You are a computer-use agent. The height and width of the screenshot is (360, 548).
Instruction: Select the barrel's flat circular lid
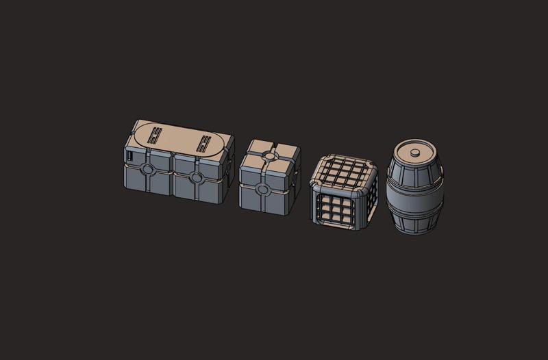415,151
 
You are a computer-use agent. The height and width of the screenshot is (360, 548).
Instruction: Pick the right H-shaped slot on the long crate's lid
204,142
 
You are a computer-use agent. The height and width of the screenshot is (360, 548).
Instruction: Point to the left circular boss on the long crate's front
147,169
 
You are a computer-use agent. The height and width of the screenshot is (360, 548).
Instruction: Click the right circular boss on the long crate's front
196,178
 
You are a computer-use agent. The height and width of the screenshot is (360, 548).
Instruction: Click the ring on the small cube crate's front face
261,188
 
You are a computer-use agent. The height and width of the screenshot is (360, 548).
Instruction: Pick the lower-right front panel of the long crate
208,192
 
